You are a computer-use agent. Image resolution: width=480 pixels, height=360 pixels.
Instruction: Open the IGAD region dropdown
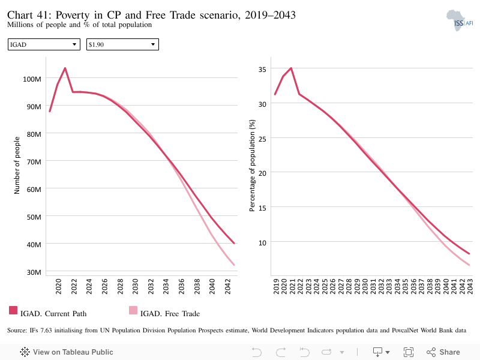point(44,44)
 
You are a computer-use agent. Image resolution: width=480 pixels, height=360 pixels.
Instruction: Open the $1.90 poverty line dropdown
point(122,44)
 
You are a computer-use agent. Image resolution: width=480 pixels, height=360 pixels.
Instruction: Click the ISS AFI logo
point(460,20)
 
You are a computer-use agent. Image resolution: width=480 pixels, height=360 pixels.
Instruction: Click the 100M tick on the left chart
point(32,79)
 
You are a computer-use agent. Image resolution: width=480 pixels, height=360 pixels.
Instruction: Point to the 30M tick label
point(34,272)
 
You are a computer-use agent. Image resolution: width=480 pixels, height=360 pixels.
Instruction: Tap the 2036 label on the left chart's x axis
point(181,286)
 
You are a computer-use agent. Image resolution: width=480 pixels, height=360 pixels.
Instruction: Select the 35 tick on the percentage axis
point(262,70)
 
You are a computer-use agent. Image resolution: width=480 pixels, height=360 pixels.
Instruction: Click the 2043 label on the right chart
point(470,286)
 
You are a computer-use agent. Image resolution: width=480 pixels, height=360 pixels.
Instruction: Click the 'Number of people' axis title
point(17,166)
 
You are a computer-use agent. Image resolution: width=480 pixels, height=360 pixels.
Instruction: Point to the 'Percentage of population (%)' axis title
point(252,166)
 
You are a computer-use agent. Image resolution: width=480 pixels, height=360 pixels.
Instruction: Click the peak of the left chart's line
point(65,68)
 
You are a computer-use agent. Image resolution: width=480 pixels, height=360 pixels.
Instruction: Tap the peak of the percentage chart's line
point(291,68)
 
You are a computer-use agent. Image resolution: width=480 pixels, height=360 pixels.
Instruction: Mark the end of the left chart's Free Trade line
point(234,265)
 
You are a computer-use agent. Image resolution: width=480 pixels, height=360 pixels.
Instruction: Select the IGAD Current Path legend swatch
point(13,310)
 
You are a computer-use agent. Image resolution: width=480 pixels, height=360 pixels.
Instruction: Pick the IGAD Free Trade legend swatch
point(133,310)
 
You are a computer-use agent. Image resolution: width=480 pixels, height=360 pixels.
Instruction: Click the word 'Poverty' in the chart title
point(73,15)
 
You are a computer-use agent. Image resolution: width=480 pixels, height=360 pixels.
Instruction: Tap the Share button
point(443,352)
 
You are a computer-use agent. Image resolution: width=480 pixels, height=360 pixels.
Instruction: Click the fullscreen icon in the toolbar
point(409,352)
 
